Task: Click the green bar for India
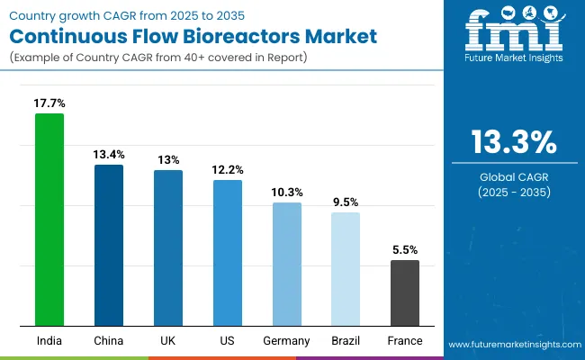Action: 49,220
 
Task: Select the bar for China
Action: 109,245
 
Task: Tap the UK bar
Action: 168,247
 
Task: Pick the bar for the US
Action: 228,253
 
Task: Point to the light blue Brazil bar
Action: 346,269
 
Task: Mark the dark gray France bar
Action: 405,292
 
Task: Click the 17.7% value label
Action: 49,103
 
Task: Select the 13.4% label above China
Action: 109,155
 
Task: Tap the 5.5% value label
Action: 405,249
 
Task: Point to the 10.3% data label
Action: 287,192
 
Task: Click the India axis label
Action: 49,341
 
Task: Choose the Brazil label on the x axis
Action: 346,341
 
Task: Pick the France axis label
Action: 405,341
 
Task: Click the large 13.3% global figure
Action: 512,143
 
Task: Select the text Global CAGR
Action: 512,176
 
